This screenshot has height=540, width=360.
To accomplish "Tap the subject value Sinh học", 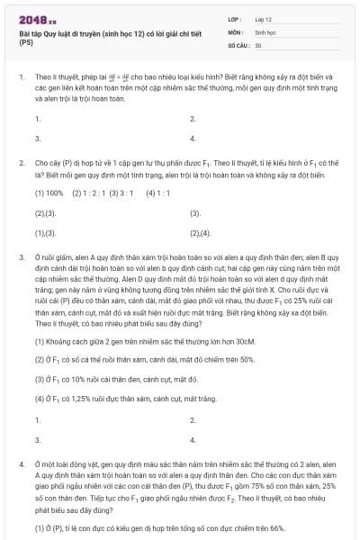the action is (x=265, y=31).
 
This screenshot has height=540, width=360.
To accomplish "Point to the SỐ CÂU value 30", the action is (x=258, y=44).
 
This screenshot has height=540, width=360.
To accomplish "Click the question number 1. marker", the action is (x=20, y=79).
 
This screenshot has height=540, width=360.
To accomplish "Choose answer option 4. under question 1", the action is (x=193, y=139).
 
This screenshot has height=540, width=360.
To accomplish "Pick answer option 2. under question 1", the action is (x=193, y=118).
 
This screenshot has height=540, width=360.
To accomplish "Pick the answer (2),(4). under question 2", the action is (x=200, y=233).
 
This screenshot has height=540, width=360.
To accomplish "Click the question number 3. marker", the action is (x=20, y=257).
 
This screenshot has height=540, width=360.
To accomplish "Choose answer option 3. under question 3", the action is (x=38, y=440).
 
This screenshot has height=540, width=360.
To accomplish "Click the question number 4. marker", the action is (x=20, y=463).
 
